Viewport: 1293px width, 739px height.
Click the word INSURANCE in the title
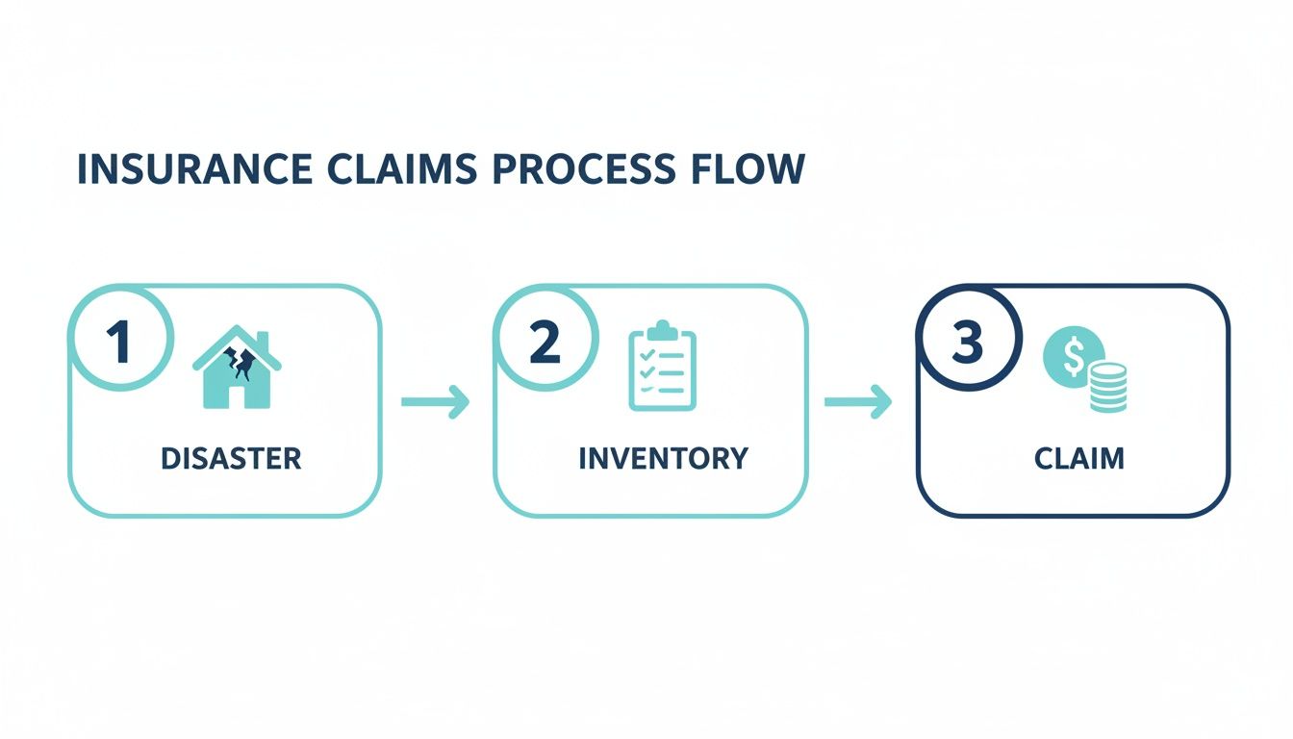193,169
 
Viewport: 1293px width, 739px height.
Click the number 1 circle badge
119,342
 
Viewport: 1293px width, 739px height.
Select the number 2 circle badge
545,342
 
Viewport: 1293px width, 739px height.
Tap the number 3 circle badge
967,342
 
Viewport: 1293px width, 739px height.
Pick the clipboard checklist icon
662,369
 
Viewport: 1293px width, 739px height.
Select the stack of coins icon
1107,387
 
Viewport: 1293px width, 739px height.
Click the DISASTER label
231,458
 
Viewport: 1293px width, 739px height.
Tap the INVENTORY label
663,458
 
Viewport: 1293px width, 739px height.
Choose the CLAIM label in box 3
1078,458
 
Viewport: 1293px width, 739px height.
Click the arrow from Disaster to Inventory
435,402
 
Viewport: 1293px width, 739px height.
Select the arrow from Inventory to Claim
858,402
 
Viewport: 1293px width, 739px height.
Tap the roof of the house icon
237,342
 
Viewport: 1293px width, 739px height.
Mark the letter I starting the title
81,169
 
